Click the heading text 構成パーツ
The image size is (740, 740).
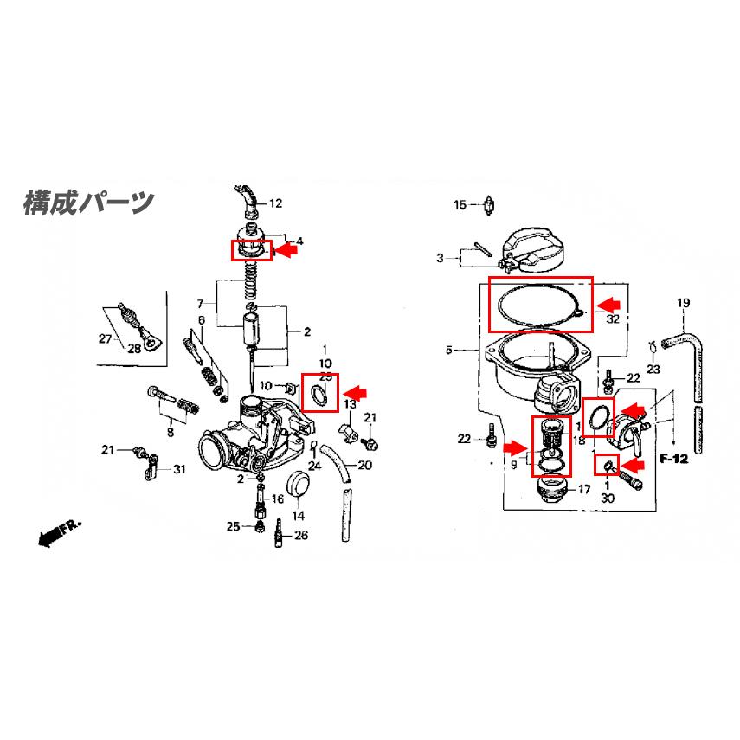pos(88,202)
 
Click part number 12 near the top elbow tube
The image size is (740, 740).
pos(275,204)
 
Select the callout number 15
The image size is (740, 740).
pos(460,205)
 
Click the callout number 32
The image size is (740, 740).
pos(613,319)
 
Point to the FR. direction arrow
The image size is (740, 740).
pos(59,535)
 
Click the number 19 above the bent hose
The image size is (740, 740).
pos(683,303)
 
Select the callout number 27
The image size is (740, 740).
pos(105,338)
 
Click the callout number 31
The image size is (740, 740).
pos(179,470)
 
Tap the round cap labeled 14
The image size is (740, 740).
pos(298,486)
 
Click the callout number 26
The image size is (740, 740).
pos(300,536)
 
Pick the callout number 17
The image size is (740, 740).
pos(584,490)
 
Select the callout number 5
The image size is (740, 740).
pos(448,351)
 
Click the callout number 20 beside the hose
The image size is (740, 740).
pos(364,466)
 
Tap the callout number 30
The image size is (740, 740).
pos(608,499)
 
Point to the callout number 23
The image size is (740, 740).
pos(653,370)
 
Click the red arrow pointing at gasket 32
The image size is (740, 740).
pos(610,303)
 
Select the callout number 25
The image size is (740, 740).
pos(233,526)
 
